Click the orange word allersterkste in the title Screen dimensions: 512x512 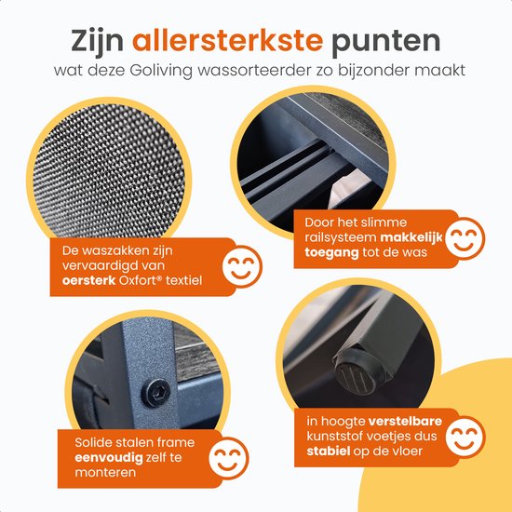pyautogui.click(x=227, y=40)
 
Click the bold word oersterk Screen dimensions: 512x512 pyautogui.click(x=88, y=280)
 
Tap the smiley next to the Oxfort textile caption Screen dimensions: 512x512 pyautogui.click(x=242, y=266)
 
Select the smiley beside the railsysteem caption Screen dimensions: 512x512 pyautogui.click(x=465, y=238)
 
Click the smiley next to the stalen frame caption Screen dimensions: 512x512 pyautogui.click(x=229, y=458)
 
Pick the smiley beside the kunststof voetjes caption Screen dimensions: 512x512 pyautogui.click(x=465, y=437)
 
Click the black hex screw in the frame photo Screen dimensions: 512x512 pyautogui.click(x=155, y=393)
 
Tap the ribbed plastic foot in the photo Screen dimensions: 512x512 pyautogui.click(x=356, y=376)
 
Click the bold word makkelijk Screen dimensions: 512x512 pyautogui.click(x=411, y=237)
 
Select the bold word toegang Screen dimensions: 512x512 pyautogui.click(x=331, y=252)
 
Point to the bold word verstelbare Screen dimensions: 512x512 pyautogui.click(x=405, y=421)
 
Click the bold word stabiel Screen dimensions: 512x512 pyautogui.click(x=329, y=451)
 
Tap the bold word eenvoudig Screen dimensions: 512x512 pyautogui.click(x=109, y=458)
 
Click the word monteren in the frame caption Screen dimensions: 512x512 pyautogui.click(x=105, y=472)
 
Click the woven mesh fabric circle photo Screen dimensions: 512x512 pyautogui.click(x=109, y=170)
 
